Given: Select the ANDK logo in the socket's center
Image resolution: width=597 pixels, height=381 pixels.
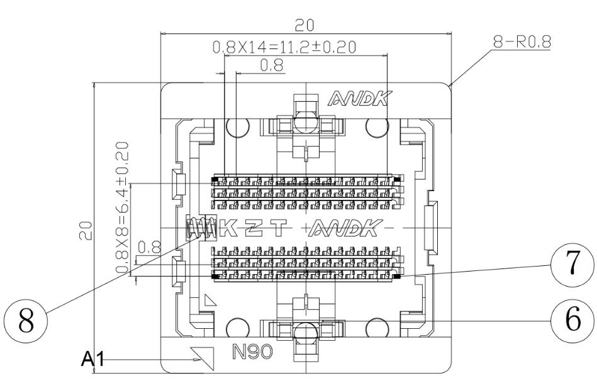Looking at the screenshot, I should click(345, 228).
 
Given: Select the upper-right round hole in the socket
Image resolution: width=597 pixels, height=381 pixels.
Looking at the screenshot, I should click(377, 130).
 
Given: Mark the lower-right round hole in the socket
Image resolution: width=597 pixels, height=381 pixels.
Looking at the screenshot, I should click(377, 328).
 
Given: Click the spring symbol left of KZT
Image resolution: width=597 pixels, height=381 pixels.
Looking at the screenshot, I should click(199, 228).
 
